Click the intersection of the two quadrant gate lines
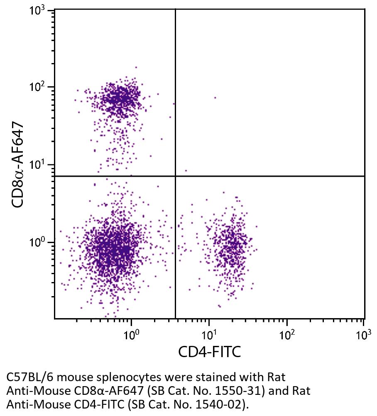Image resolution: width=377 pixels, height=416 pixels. pyautogui.click(x=175, y=176)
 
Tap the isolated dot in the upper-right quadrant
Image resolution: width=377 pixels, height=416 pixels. pyautogui.click(x=215, y=97)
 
